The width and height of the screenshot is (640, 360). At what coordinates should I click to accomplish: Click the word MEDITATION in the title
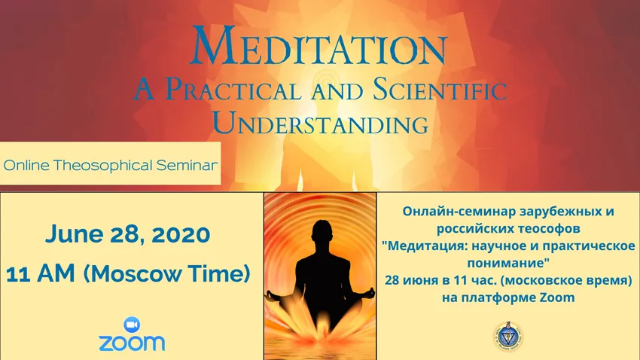tap(319, 46)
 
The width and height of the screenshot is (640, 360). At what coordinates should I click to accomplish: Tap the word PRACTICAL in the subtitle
tap(233, 89)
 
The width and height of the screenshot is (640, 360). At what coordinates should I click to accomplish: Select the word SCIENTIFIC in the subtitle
tap(440, 89)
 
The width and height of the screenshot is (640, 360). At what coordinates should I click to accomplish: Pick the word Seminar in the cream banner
tap(187, 165)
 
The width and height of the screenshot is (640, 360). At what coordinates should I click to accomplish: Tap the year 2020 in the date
tap(181, 234)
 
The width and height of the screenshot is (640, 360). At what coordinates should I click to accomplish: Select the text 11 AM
tap(41, 273)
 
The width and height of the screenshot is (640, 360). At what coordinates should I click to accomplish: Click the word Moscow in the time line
tap(133, 273)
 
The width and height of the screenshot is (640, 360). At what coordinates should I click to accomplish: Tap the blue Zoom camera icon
tap(132, 325)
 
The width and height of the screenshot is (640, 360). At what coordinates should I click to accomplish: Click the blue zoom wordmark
tap(132, 343)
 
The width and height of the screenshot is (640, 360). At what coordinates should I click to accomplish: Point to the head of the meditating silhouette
tap(322, 232)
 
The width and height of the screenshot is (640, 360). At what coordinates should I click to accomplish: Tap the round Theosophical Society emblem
tap(508, 337)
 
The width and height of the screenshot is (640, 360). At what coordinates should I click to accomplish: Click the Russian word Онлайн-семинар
tap(459, 212)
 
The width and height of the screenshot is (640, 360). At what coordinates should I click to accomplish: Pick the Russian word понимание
tap(506, 264)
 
